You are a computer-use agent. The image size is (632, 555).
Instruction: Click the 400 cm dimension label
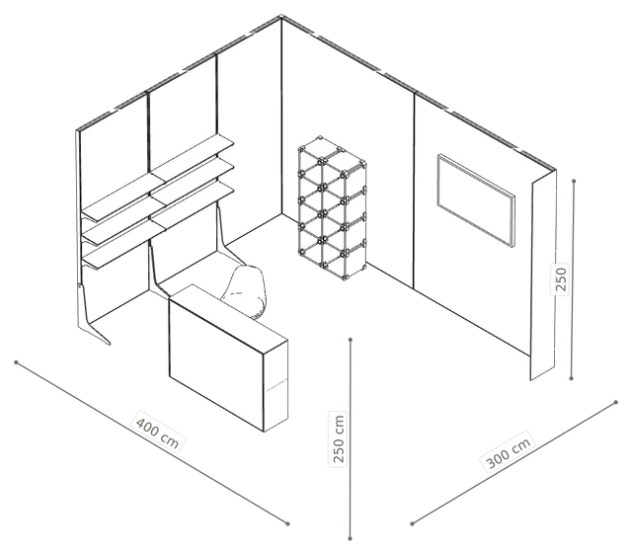[158, 431]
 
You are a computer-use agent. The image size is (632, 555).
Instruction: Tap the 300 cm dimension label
[508, 451]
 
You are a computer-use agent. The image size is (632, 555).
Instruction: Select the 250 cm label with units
[338, 438]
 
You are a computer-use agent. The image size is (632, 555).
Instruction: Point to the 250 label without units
[561, 278]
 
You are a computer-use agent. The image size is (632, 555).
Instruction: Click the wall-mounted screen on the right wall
[476, 199]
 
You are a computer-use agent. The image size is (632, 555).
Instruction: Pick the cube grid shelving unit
[333, 208]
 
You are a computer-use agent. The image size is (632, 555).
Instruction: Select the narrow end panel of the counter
[276, 386]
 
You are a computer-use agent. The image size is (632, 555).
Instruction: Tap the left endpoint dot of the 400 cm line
[16, 362]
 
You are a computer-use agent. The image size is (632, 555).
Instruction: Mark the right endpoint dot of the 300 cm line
[616, 402]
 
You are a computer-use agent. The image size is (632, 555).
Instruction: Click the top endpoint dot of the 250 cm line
[351, 340]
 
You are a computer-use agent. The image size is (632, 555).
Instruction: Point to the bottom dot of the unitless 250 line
[571, 378]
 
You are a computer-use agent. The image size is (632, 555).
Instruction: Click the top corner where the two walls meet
[281, 17]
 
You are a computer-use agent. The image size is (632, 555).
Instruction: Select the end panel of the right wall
[543, 276]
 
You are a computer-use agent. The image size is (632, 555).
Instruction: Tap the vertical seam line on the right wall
[414, 191]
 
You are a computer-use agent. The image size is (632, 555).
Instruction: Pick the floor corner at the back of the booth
[281, 214]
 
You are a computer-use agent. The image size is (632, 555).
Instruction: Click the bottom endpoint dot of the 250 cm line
[350, 538]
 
